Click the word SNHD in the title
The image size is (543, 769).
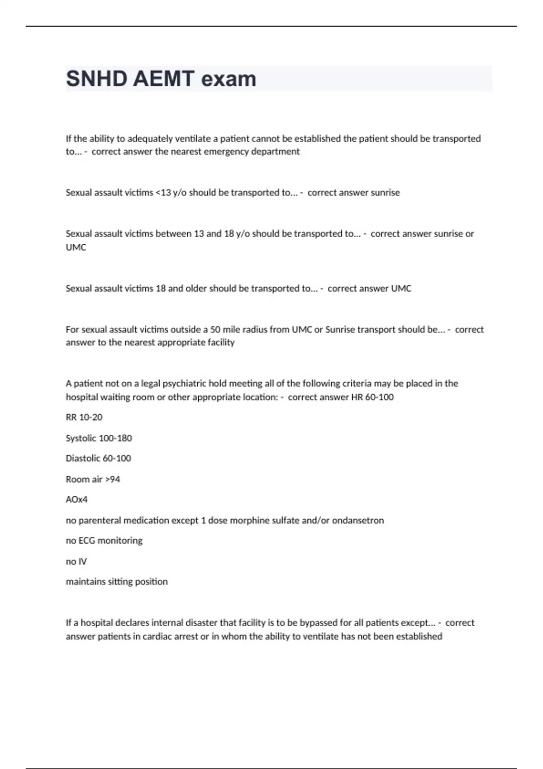point(95,79)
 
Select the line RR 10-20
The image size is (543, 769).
point(84,417)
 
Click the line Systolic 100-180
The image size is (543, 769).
point(99,438)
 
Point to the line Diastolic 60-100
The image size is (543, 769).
point(98,458)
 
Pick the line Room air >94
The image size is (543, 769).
point(93,479)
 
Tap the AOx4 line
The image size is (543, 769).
point(76,499)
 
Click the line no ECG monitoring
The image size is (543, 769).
point(104,541)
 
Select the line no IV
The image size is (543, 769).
point(76,561)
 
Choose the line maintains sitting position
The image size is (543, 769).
point(117,582)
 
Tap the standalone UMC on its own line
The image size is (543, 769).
point(76,247)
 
